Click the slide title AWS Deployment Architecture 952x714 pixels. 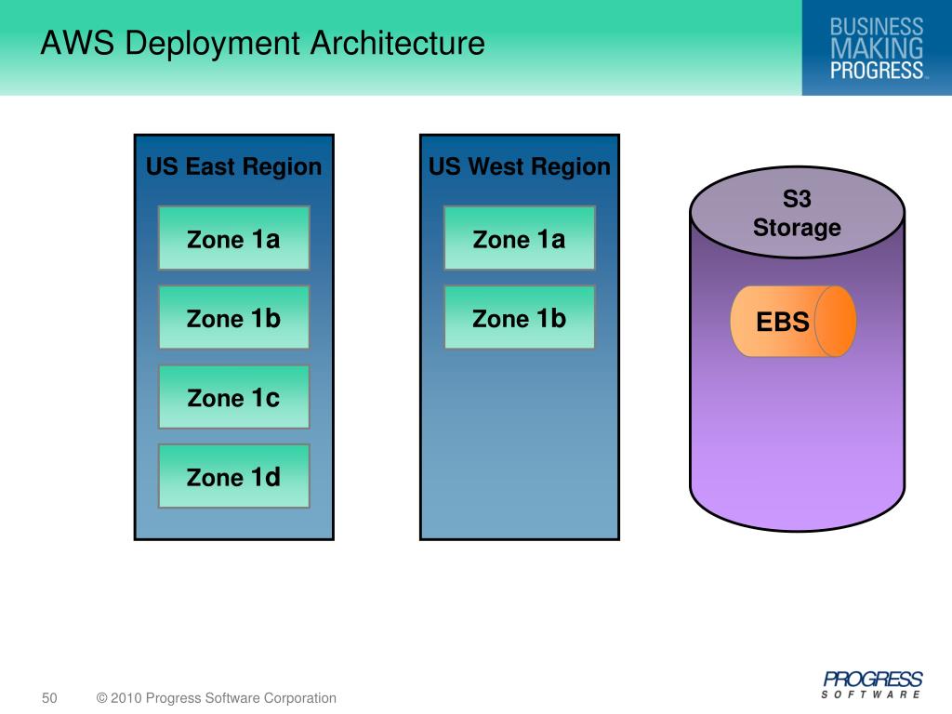(x=262, y=44)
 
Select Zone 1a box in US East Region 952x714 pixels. (x=233, y=239)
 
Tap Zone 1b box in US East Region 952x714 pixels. (x=233, y=318)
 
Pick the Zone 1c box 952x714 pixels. (x=233, y=398)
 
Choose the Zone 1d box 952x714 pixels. (x=233, y=477)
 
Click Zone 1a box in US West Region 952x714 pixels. (x=519, y=239)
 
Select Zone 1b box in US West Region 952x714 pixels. (x=519, y=318)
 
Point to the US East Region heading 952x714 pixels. (x=233, y=167)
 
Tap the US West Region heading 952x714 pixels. (x=519, y=167)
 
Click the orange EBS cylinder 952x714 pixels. (x=793, y=322)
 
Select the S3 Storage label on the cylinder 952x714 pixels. (x=797, y=214)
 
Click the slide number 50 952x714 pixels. (x=49, y=698)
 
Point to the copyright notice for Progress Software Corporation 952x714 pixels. (x=217, y=698)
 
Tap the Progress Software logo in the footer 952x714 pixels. (x=872, y=683)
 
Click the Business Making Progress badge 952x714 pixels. (x=876, y=47)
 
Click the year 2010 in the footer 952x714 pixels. (x=126, y=698)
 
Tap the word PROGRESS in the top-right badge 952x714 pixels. (x=876, y=70)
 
